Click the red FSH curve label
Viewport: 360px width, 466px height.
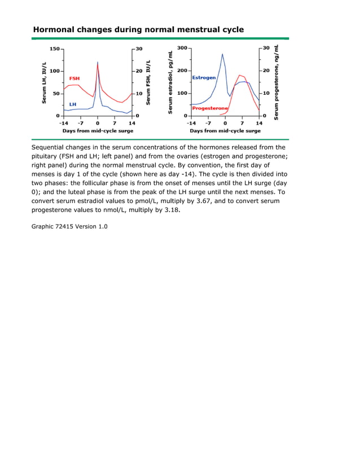click(74, 78)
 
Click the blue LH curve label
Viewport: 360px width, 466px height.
click(73, 104)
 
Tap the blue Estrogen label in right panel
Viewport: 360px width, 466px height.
click(204, 77)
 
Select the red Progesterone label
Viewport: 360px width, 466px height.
click(210, 108)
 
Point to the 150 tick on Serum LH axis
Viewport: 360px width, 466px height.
click(54, 49)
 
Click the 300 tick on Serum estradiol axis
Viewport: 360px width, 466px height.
click(182, 49)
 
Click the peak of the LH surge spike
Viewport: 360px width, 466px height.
click(98, 62)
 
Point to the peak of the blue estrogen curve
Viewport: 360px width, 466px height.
click(222, 54)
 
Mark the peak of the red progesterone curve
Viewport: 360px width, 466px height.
click(240, 75)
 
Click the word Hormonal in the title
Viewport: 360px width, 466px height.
click(54, 29)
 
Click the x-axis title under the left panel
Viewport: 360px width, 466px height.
click(98, 131)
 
